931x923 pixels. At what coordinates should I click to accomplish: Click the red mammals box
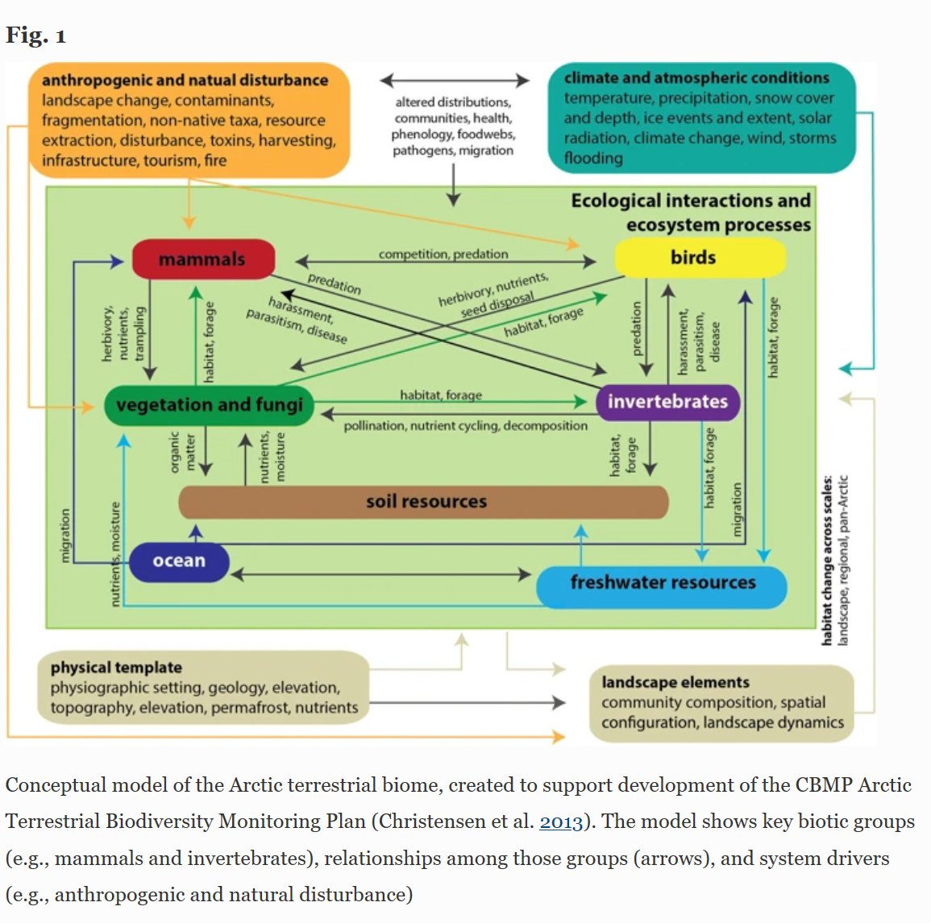203,259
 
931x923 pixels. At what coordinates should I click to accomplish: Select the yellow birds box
699,258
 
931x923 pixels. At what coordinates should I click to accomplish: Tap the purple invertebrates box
667,402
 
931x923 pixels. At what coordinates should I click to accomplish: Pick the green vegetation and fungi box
209,404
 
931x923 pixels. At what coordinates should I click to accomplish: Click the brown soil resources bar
424,502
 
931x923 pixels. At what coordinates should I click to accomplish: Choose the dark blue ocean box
179,561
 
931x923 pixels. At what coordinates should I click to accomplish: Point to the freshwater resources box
662,582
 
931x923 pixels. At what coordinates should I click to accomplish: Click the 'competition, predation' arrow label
443,255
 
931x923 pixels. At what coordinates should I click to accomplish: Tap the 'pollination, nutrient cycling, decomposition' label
465,425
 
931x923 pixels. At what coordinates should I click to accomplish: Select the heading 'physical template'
116,667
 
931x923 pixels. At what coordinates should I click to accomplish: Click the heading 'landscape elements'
675,682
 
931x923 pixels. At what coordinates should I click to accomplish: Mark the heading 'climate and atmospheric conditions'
696,78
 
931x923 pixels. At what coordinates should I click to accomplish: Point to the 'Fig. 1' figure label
35,35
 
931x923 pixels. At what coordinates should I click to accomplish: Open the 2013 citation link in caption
560,822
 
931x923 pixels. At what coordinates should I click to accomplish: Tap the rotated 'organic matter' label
182,453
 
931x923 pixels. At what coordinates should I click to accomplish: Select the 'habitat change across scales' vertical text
827,560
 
